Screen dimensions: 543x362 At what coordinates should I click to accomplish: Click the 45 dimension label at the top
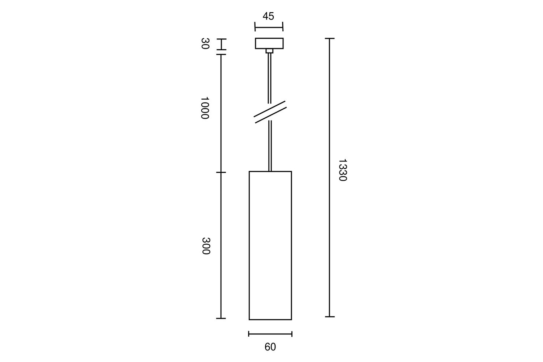pos(268,16)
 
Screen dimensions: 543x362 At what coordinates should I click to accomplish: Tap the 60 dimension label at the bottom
pos(270,347)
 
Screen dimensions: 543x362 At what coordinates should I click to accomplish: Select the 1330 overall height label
pos(343,170)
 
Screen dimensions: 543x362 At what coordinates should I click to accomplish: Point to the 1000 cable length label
pos(205,108)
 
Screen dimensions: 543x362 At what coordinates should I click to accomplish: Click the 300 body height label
pos(206,246)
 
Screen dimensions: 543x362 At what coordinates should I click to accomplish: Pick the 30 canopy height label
pos(205,43)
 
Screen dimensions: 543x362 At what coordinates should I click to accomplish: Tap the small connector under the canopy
pos(269,51)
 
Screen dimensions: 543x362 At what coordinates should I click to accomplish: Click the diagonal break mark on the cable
pos(270,112)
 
